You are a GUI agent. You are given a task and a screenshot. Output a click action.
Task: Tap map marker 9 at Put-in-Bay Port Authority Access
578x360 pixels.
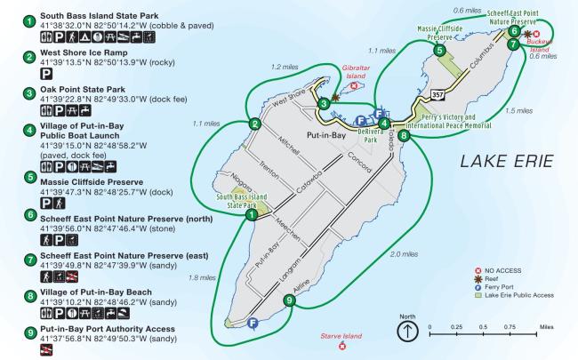point(288,300)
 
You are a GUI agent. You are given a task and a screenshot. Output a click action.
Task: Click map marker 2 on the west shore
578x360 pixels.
point(255,124)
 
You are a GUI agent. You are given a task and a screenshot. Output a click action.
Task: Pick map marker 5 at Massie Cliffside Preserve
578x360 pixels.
point(439,52)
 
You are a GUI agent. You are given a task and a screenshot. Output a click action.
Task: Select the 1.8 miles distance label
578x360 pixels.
point(204,277)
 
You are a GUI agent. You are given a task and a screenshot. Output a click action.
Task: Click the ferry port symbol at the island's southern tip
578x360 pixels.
point(254,323)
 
